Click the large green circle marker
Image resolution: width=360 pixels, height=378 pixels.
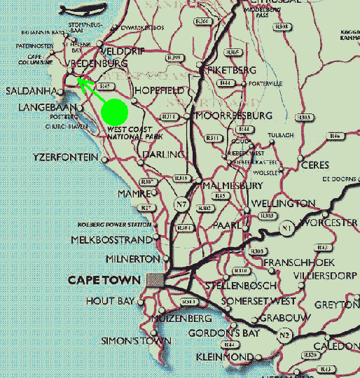(113, 111)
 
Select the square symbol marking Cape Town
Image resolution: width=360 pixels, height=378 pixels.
(155, 280)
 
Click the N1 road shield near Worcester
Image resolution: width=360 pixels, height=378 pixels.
(286, 227)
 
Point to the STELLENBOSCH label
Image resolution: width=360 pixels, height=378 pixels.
(238, 287)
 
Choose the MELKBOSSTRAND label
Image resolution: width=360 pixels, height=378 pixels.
(112, 240)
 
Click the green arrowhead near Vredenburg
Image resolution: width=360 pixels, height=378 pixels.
(81, 83)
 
